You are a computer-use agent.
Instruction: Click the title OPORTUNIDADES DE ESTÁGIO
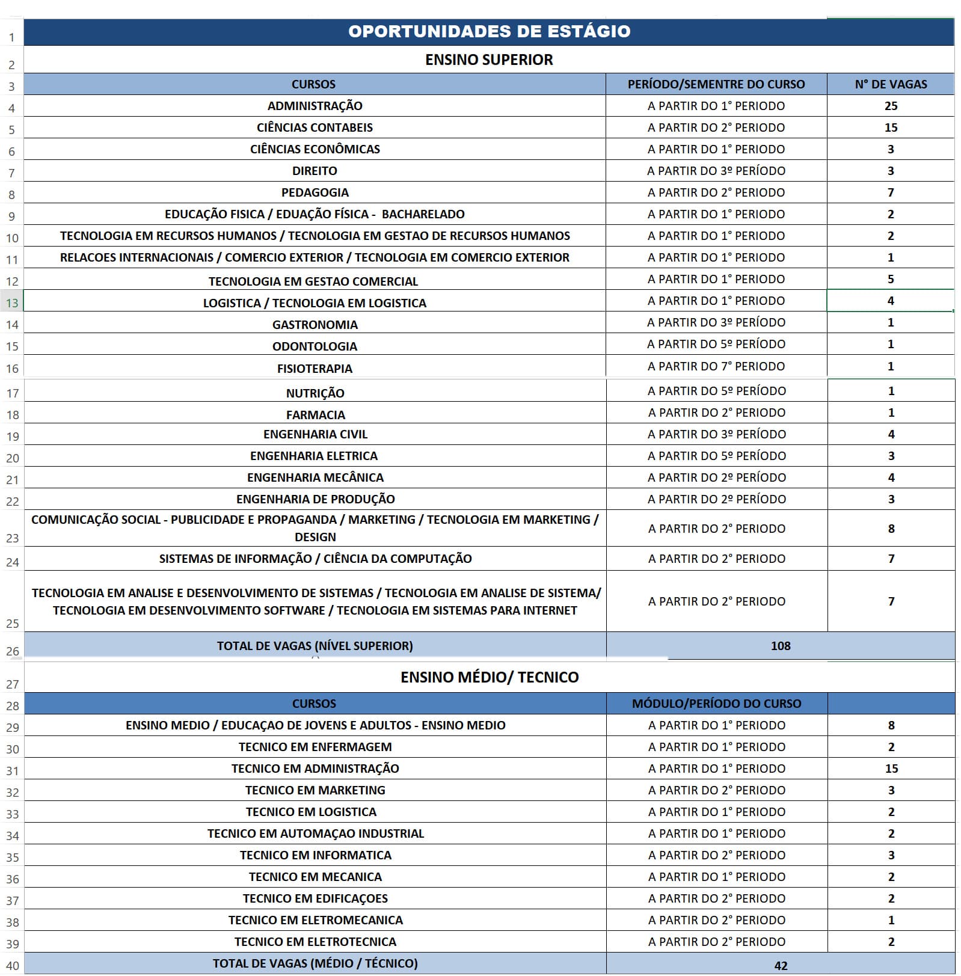coord(489,31)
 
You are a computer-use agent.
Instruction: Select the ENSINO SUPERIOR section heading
coord(489,60)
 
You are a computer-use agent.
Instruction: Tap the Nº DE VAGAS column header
coord(891,84)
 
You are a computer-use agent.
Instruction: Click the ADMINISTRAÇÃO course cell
coord(315,106)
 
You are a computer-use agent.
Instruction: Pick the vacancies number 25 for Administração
coord(891,106)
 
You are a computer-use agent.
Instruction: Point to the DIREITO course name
coord(315,171)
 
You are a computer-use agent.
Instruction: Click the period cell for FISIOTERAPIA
coord(716,366)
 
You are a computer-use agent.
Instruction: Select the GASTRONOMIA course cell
coord(315,325)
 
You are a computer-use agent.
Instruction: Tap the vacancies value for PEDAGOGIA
coord(891,192)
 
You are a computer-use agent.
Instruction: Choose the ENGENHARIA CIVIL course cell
coord(315,434)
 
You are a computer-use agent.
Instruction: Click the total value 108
coord(781,646)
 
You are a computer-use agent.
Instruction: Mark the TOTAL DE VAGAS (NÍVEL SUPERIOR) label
coord(315,646)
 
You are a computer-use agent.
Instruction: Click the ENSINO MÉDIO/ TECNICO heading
coord(490,677)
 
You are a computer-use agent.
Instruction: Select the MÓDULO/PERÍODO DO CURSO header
coord(716,704)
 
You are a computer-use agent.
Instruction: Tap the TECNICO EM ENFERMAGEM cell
coord(315,747)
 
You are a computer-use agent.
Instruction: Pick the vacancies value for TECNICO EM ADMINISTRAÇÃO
coord(891,769)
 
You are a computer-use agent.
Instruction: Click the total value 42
coord(781,966)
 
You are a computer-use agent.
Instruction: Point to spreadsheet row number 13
coord(12,303)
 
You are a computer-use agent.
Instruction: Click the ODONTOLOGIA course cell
coord(315,346)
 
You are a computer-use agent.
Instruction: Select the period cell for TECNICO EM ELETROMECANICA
coord(716,920)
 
